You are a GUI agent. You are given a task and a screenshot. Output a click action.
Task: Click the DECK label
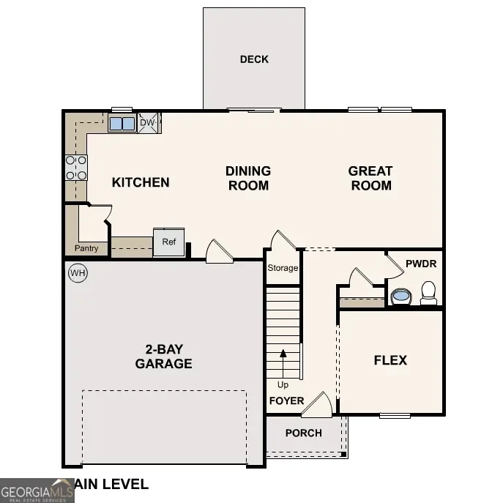coord(254,59)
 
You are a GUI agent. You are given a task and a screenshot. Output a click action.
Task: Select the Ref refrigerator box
coord(168,242)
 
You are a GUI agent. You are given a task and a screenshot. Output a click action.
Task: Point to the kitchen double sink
coord(122,123)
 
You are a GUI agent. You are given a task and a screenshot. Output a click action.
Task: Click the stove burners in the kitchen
coord(76,168)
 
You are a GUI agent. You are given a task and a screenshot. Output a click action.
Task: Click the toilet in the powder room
coord(428,293)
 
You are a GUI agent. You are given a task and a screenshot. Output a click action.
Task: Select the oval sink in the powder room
coord(400,297)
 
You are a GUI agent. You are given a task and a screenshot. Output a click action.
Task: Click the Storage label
coord(283,268)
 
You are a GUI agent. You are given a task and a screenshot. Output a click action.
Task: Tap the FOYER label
coord(286,400)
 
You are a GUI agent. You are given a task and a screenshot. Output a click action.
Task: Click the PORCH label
coord(303,433)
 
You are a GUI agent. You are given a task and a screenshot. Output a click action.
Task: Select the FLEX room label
coord(390,360)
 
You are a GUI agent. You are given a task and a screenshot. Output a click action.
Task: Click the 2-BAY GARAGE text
coord(163,357)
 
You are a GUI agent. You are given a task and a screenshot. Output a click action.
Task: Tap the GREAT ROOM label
coord(370,178)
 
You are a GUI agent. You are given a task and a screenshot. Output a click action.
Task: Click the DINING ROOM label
coord(248,178)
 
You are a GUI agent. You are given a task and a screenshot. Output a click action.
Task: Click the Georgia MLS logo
coord(37,491)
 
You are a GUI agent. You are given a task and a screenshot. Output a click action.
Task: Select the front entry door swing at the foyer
coord(318,405)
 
